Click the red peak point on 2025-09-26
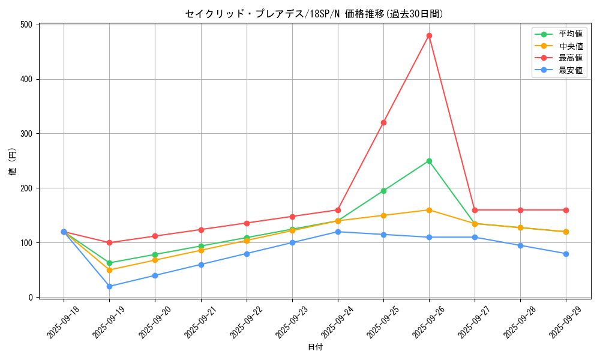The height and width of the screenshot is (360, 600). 429,35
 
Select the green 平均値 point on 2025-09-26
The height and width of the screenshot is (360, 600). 429,161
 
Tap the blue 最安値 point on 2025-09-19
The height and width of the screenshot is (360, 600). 109,286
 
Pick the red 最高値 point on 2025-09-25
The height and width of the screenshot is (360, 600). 383,122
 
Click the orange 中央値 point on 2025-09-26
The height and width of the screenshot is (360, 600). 429,210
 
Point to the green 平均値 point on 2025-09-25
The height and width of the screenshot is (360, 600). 383,191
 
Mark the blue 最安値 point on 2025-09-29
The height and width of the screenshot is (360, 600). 566,254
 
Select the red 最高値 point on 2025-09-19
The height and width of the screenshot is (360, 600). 109,242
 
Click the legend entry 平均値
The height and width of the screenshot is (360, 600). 570,34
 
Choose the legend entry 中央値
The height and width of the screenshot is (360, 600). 570,46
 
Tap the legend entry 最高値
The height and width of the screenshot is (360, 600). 570,58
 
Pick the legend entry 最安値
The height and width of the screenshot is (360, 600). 570,70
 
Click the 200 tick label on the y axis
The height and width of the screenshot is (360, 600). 27,188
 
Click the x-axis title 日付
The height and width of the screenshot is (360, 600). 315,347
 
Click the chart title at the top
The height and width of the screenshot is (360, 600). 314,14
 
